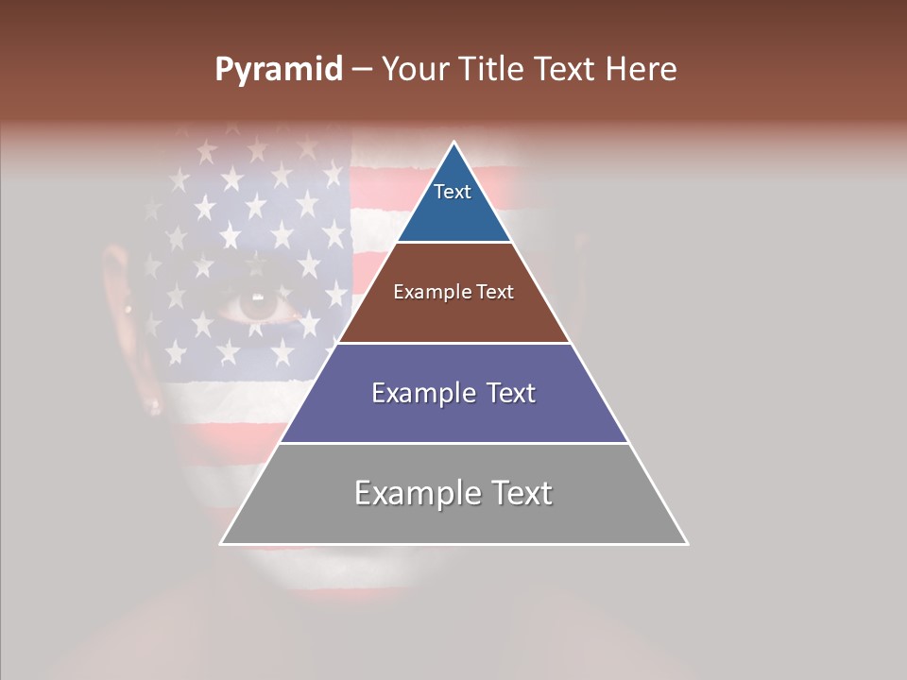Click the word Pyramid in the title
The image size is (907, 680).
coord(278,70)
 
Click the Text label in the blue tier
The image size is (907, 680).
coord(453,192)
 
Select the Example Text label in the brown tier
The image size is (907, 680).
coord(453,292)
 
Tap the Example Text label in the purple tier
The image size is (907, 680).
coord(453,393)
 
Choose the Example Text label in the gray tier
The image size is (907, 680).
coord(453,493)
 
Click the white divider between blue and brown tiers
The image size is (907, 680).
coord(453,243)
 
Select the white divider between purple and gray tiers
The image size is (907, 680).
coord(453,443)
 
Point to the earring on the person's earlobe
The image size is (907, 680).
coord(154,407)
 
